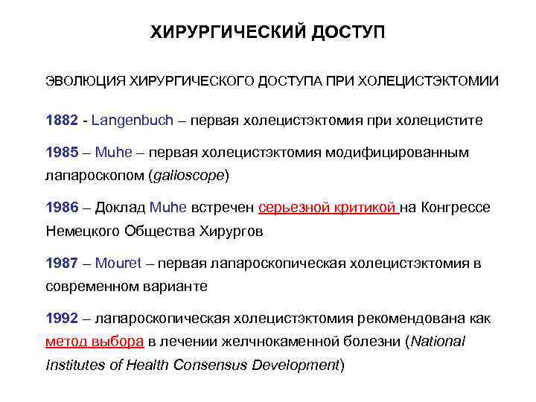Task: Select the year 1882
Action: point(62,119)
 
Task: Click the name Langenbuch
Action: point(133,119)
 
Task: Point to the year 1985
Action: point(62,153)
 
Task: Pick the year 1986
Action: point(62,208)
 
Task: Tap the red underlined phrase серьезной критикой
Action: point(328,208)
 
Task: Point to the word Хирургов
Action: point(231,231)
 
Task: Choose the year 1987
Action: point(62,264)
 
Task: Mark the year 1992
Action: point(62,319)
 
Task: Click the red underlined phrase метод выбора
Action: point(95,342)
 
